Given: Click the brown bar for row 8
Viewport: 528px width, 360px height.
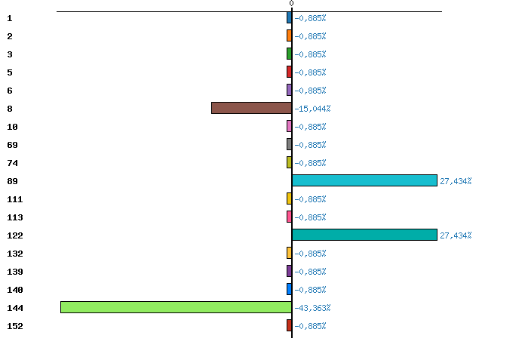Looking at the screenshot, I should click(x=251, y=108).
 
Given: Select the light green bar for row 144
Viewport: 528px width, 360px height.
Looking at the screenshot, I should click(x=176, y=307).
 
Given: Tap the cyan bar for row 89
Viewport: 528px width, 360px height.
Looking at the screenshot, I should click(x=364, y=180).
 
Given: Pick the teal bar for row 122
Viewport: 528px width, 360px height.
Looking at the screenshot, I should click(x=364, y=235).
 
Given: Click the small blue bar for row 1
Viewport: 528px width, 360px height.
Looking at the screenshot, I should click(x=289, y=17).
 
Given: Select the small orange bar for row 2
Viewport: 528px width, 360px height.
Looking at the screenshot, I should click(x=289, y=35).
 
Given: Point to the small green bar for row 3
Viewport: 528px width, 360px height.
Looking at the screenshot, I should click(x=289, y=54).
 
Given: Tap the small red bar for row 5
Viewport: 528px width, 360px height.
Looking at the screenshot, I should click(x=289, y=72).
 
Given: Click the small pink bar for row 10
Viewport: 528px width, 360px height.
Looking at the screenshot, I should click(x=289, y=126).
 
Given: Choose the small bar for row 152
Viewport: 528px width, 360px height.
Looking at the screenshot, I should click(x=289, y=325).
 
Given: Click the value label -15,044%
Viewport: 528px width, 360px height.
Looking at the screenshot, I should click(x=312, y=109).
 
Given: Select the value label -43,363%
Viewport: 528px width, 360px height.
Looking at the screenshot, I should click(x=312, y=308).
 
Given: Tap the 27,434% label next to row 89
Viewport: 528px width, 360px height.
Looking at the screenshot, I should click(x=456, y=181).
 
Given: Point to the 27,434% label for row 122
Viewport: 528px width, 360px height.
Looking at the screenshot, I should click(x=456, y=235).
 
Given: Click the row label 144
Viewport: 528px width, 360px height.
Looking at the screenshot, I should click(x=14, y=308).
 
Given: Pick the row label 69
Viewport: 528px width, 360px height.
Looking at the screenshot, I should click(x=12, y=145).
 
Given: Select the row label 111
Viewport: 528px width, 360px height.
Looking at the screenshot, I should click(x=14, y=199).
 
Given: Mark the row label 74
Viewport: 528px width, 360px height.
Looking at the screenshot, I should click(x=12, y=163).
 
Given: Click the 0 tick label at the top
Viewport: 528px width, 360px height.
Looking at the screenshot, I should click(x=291, y=4).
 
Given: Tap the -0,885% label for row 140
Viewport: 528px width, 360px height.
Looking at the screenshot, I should click(x=310, y=290).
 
